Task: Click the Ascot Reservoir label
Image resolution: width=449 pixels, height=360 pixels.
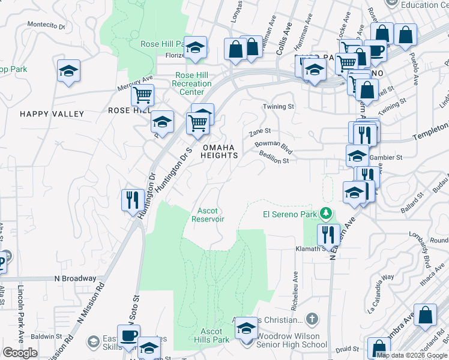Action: (x=208, y=215)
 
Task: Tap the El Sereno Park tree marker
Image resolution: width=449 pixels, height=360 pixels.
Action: (x=326, y=214)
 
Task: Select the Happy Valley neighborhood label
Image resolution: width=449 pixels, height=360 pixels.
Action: (x=52, y=114)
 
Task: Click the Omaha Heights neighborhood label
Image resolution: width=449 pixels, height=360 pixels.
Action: (x=219, y=151)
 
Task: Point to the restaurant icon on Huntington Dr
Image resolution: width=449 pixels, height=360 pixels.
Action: (x=131, y=199)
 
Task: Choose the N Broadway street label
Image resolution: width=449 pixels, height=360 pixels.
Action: (x=75, y=278)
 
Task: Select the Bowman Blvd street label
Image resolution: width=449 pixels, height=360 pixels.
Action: (x=273, y=145)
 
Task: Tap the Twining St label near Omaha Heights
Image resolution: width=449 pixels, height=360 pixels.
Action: (x=279, y=106)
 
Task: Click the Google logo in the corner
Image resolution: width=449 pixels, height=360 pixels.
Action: (x=19, y=352)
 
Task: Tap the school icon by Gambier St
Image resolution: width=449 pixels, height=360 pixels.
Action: (x=357, y=155)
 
